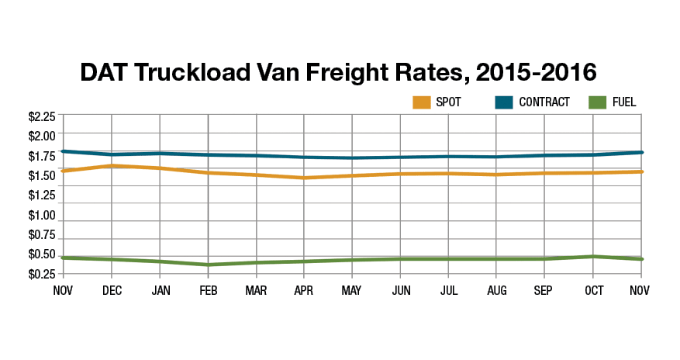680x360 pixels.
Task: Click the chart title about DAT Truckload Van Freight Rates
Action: point(339,73)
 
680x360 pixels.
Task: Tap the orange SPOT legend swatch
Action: point(422,102)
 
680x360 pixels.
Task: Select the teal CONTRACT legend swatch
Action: point(506,102)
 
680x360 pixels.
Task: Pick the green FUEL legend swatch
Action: point(599,102)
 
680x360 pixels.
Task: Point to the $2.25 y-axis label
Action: point(42,117)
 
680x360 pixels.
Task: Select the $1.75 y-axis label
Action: point(42,156)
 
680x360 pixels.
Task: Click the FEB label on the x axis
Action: point(208,290)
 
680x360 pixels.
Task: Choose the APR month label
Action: point(304,290)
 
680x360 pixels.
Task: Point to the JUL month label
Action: point(448,290)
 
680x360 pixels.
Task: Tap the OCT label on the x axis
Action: point(593,290)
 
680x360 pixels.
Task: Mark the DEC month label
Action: point(112,290)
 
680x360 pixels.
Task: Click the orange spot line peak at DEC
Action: point(112,165)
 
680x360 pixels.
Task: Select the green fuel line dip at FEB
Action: point(208,265)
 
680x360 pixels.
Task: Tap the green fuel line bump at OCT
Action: point(593,256)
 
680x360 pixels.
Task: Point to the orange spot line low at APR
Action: point(304,178)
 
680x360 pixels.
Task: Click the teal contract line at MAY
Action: point(352,158)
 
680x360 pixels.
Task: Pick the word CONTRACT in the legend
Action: point(544,102)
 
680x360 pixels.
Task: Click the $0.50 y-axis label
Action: point(42,254)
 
